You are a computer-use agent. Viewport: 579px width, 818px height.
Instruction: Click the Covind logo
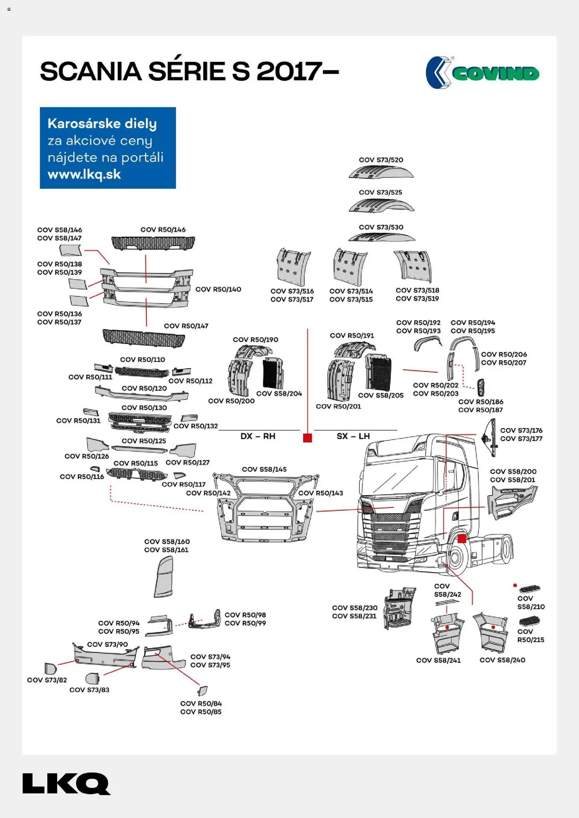tap(482, 73)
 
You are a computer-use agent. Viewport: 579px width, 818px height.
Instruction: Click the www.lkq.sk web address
tap(84, 174)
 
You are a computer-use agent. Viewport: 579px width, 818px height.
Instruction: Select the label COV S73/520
tap(381, 160)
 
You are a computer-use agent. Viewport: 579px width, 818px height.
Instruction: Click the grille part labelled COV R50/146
tap(153, 243)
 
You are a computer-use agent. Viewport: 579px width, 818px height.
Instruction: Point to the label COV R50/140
tap(218, 289)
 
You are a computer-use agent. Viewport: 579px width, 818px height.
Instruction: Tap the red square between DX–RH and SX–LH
tap(307, 438)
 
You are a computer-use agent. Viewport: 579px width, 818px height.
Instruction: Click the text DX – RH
tap(258, 436)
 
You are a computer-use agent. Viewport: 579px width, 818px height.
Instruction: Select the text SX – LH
tap(353, 436)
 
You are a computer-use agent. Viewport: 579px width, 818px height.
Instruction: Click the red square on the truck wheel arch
tap(462, 539)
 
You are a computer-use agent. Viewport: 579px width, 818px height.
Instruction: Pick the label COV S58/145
tap(264, 470)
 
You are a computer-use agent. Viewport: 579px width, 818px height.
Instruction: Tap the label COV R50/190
tap(256, 340)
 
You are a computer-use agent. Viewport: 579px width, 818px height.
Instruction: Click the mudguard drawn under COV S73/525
tap(381, 206)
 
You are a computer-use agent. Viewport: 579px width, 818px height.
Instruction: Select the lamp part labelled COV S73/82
tap(50, 668)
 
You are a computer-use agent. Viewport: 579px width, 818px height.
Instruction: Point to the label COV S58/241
tap(438, 660)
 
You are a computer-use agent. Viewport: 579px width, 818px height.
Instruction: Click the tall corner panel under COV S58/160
tap(164, 577)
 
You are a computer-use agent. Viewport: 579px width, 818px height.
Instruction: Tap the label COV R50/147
tap(186, 326)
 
